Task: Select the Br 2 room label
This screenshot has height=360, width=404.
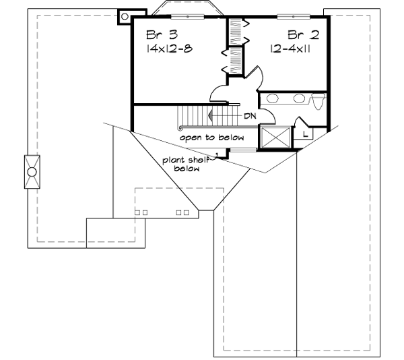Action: tap(302, 35)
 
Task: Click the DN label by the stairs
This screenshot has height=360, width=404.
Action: tap(250, 116)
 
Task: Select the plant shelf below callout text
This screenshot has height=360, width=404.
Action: tap(186, 164)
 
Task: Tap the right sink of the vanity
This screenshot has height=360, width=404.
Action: tap(299, 99)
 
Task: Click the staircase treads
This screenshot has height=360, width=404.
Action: tap(199, 116)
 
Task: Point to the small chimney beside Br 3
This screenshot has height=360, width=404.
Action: tap(125, 17)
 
